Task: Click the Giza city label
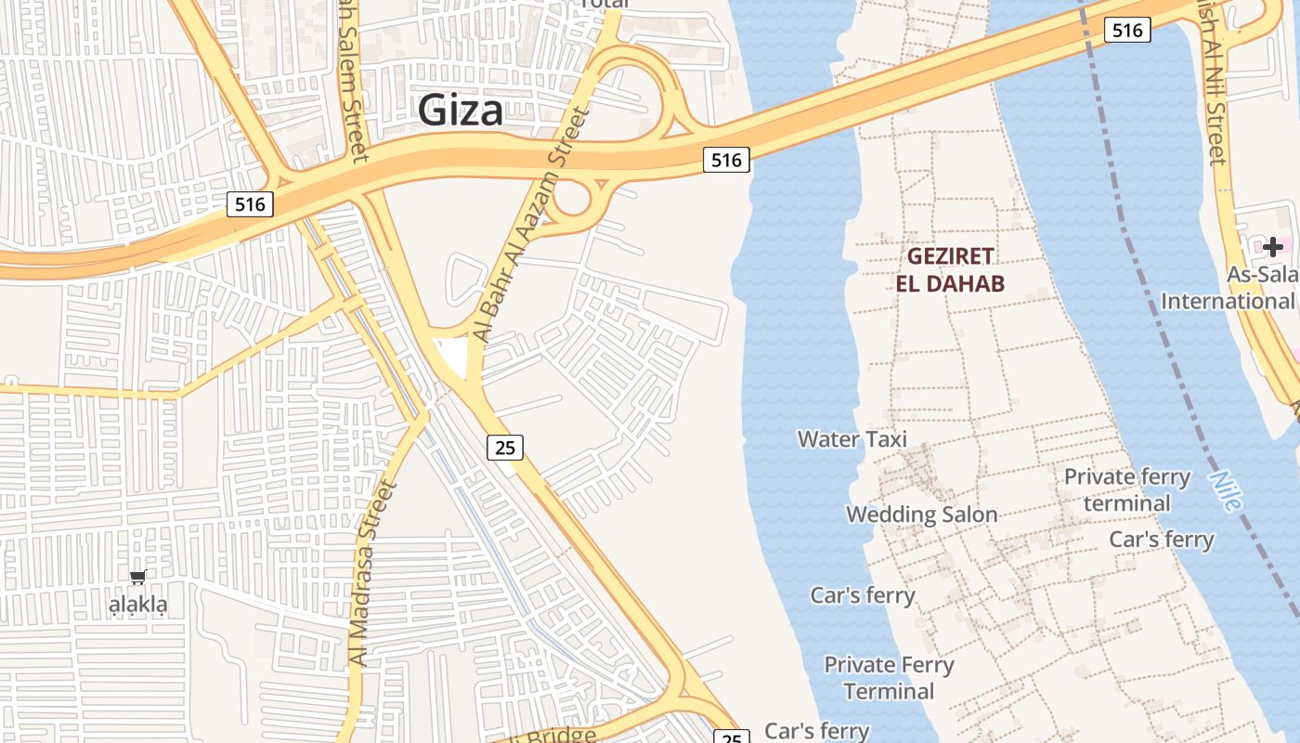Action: tap(461, 111)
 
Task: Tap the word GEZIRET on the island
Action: tap(950, 256)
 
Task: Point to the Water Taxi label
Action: tap(852, 438)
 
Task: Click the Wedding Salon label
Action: tap(921, 515)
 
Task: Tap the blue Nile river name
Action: tap(1226, 490)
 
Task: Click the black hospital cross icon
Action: tap(1272, 246)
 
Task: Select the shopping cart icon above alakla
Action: tap(138, 578)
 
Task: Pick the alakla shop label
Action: tap(138, 606)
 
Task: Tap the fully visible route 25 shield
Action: tap(505, 448)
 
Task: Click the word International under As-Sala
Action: tap(1227, 301)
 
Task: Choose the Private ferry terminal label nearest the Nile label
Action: tap(1126, 490)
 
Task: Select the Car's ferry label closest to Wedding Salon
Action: tap(863, 595)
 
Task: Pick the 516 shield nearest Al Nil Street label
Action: tap(1127, 30)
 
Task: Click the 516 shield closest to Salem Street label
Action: tap(250, 204)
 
